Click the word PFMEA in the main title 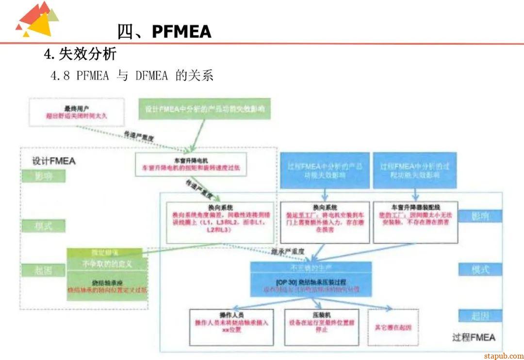click(181, 32)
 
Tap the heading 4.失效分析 click(80, 54)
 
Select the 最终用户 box click(77, 111)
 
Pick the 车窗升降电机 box click(191, 164)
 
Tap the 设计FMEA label click(54, 161)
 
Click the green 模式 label click(43, 226)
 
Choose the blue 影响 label click(480, 216)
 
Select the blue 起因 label click(480, 316)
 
